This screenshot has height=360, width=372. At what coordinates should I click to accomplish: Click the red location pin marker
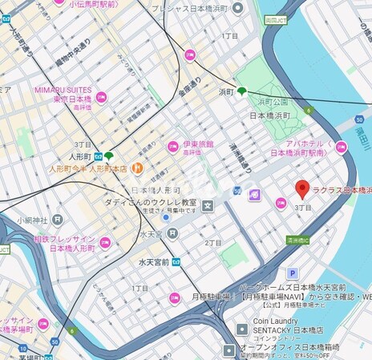(x=302, y=189)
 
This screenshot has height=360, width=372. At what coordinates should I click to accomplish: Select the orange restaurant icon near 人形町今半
(x=137, y=168)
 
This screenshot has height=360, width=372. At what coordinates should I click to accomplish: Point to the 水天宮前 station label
(x=152, y=262)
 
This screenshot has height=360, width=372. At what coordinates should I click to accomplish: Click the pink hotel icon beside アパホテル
(x=341, y=146)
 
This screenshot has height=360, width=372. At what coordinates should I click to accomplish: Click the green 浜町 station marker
(x=241, y=91)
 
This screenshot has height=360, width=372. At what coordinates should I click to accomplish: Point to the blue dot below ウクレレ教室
(x=166, y=216)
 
